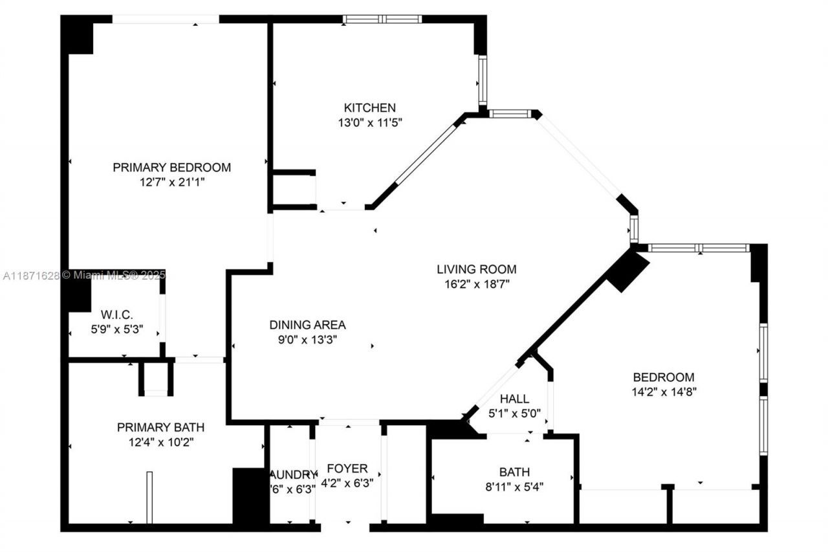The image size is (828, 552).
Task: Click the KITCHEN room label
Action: tap(369, 107)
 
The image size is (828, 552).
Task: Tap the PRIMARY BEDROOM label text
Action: tap(171, 167)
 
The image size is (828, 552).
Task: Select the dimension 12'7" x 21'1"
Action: tap(171, 182)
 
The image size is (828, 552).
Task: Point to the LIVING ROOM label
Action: tap(476, 269)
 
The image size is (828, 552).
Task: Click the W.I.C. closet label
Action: tap(116, 315)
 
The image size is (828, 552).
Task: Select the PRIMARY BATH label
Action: tap(160, 427)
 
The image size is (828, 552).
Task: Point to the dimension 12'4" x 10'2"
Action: tap(160, 442)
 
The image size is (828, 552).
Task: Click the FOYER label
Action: tap(347, 468)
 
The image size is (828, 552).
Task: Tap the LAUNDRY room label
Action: tap(293, 474)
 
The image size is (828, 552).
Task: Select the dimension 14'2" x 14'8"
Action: tap(664, 391)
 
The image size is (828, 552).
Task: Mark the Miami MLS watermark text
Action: tap(84, 276)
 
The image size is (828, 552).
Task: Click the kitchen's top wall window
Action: tap(382, 19)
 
